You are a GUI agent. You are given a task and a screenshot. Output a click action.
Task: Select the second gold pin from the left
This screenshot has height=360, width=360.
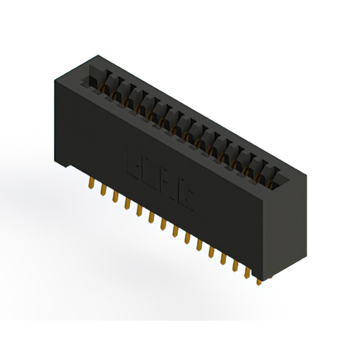[103, 191]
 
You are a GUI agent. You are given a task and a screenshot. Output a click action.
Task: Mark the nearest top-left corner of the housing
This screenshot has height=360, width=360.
[55, 83]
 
